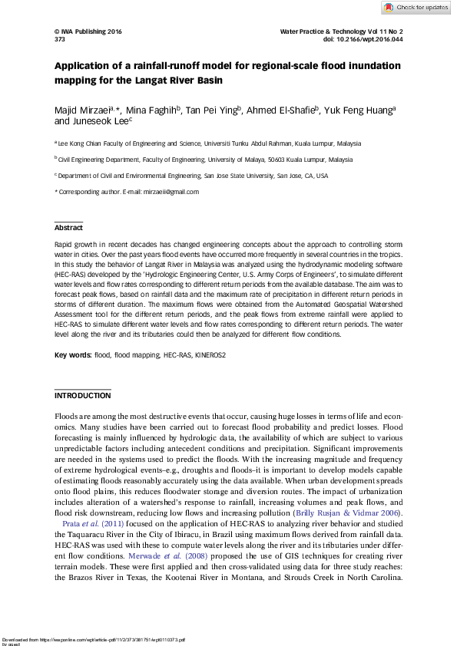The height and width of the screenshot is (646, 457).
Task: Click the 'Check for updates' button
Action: [x=416, y=8]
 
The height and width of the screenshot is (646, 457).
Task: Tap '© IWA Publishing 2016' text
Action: [x=88, y=31]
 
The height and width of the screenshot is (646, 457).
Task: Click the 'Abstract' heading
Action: [x=68, y=227]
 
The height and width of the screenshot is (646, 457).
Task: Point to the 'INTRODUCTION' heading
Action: [x=82, y=396]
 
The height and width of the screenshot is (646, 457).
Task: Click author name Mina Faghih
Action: [x=152, y=110]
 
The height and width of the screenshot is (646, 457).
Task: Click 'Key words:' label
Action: [x=71, y=356]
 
